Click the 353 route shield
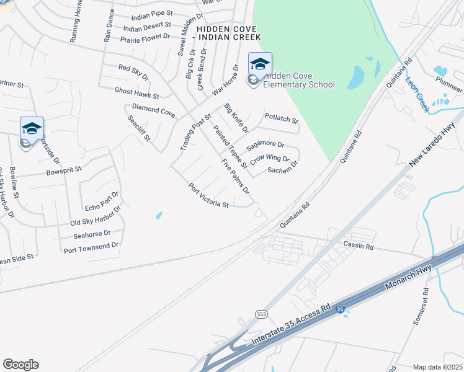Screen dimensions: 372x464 pos(261,314)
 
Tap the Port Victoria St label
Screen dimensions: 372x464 pos(209,195)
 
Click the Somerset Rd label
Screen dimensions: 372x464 pos(421,306)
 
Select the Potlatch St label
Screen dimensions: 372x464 pos(282,117)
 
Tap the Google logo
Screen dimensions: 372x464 pos(20,365)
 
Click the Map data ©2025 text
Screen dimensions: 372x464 pos(437,367)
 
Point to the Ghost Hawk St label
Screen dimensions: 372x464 pos(137,92)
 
